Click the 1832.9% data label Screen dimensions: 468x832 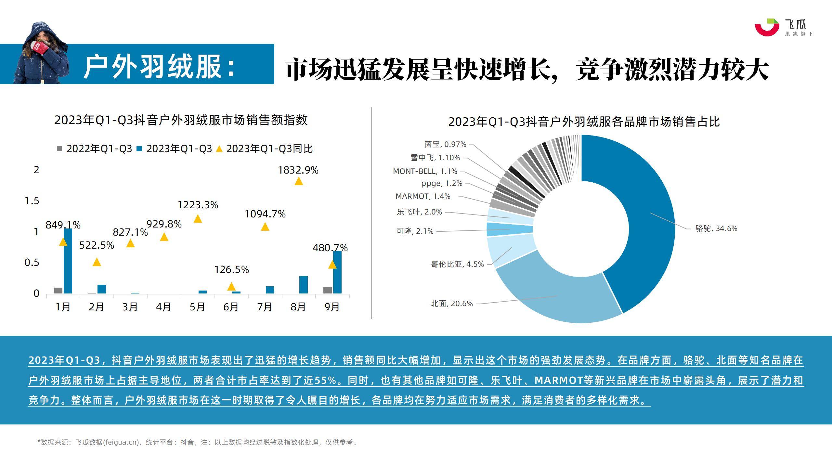tap(298, 170)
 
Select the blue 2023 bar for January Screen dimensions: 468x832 tap(68, 261)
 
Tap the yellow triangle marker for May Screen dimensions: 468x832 tap(198, 219)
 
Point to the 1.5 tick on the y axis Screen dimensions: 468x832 tap(32, 201)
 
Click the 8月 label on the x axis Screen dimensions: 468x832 tap(298, 307)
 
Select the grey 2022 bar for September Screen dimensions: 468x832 tap(328, 290)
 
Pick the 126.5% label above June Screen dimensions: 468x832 tap(231, 270)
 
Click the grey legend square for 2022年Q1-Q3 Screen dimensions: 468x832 tap(59, 149)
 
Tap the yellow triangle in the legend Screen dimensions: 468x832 tap(219, 149)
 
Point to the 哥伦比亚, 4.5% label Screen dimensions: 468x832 tap(457, 264)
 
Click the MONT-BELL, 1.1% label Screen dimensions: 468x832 tap(425, 171)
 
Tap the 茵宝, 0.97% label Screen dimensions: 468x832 tap(445, 144)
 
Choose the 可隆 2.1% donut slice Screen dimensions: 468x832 tap(510, 229)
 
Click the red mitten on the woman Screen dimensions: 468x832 tap(40, 48)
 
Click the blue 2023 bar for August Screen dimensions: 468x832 tap(303, 285)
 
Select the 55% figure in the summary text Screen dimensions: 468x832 tap(325, 380)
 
